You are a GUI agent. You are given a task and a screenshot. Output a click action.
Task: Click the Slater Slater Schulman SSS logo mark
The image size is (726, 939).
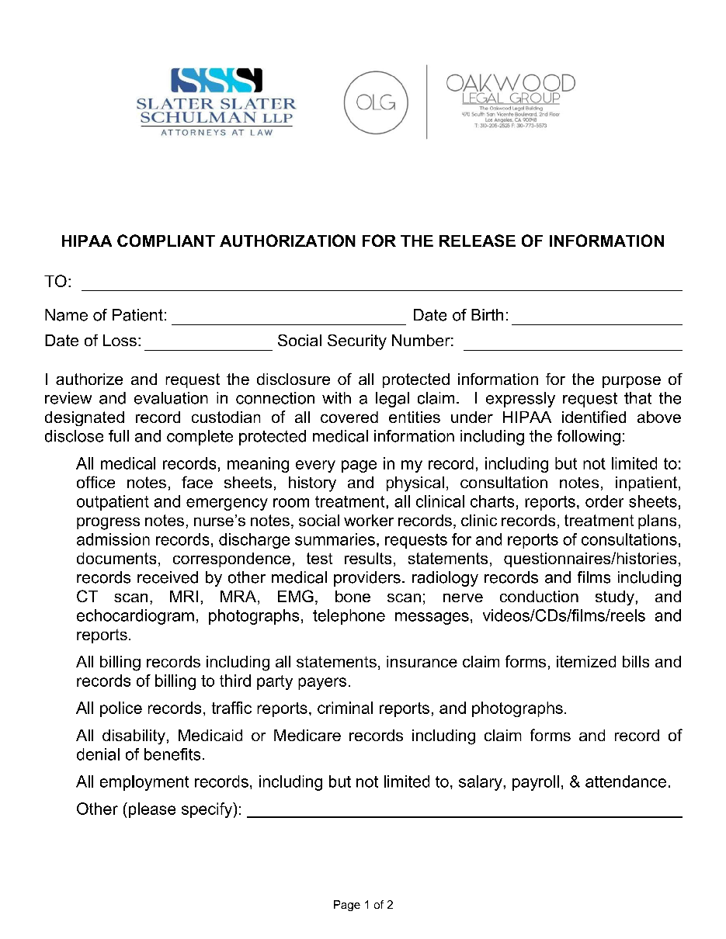pyautogui.click(x=217, y=80)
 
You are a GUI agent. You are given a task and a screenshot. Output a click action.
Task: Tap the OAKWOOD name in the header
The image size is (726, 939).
pyautogui.click(x=510, y=83)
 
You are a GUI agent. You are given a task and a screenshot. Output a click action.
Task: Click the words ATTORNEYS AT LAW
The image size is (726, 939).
pyautogui.click(x=216, y=132)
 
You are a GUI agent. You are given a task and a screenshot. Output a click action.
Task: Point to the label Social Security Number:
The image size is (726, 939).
pyautogui.click(x=365, y=341)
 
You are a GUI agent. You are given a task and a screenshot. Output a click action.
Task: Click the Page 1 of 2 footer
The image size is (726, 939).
pyautogui.click(x=363, y=905)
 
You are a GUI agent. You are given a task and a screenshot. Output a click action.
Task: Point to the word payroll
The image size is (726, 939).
pyautogui.click(x=536, y=782)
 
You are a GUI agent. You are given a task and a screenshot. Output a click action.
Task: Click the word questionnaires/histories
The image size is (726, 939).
pyautogui.click(x=592, y=559)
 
